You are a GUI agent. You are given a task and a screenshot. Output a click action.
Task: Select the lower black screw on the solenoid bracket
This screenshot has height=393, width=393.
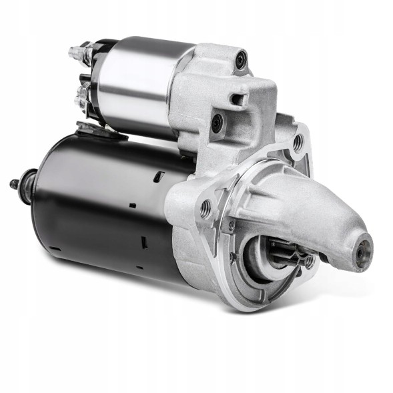[216, 123]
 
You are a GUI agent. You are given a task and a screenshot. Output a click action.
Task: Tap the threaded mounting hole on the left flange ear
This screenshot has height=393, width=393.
[206, 208]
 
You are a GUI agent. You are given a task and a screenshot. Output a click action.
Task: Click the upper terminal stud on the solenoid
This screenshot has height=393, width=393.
[80, 51]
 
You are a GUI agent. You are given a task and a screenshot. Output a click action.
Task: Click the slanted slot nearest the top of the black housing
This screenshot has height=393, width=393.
[159, 176]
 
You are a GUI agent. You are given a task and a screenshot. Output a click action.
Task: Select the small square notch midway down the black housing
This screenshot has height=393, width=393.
[132, 206]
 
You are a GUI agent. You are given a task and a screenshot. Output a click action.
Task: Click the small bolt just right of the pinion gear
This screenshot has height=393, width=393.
[308, 261]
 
